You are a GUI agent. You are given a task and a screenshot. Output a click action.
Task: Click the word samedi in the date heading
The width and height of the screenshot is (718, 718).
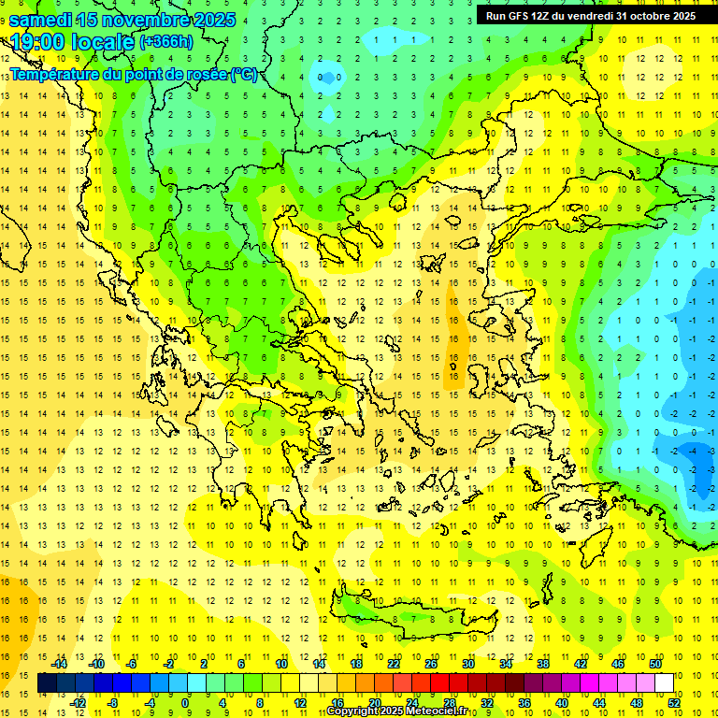(x=42, y=20)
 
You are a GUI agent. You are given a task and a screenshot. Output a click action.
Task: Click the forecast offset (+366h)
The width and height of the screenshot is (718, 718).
(x=166, y=42)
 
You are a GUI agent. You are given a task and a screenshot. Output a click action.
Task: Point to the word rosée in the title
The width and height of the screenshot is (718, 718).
(x=205, y=74)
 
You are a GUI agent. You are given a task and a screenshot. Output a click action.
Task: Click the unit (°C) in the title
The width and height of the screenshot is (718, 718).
(x=243, y=74)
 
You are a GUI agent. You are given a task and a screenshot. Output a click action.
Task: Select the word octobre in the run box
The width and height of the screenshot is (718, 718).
(x=650, y=16)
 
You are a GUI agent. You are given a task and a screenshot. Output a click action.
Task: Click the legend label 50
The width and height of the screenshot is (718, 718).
(x=654, y=664)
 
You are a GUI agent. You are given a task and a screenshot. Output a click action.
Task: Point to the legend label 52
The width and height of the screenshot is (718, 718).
(x=672, y=702)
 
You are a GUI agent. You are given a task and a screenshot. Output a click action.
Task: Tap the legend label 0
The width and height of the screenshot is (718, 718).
(x=185, y=702)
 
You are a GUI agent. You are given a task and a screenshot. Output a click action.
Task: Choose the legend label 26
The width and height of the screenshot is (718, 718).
(x=431, y=664)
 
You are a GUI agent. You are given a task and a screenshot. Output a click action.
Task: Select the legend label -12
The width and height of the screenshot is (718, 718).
(x=78, y=702)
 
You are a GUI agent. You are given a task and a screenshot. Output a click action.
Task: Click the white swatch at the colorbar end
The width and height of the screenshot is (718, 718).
(x=664, y=683)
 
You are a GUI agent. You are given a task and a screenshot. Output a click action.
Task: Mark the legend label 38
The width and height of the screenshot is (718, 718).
(x=542, y=664)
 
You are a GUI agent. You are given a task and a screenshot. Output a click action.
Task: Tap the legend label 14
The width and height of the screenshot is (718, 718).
(x=319, y=664)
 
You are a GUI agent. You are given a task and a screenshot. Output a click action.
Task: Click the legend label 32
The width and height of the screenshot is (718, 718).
(x=486, y=702)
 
